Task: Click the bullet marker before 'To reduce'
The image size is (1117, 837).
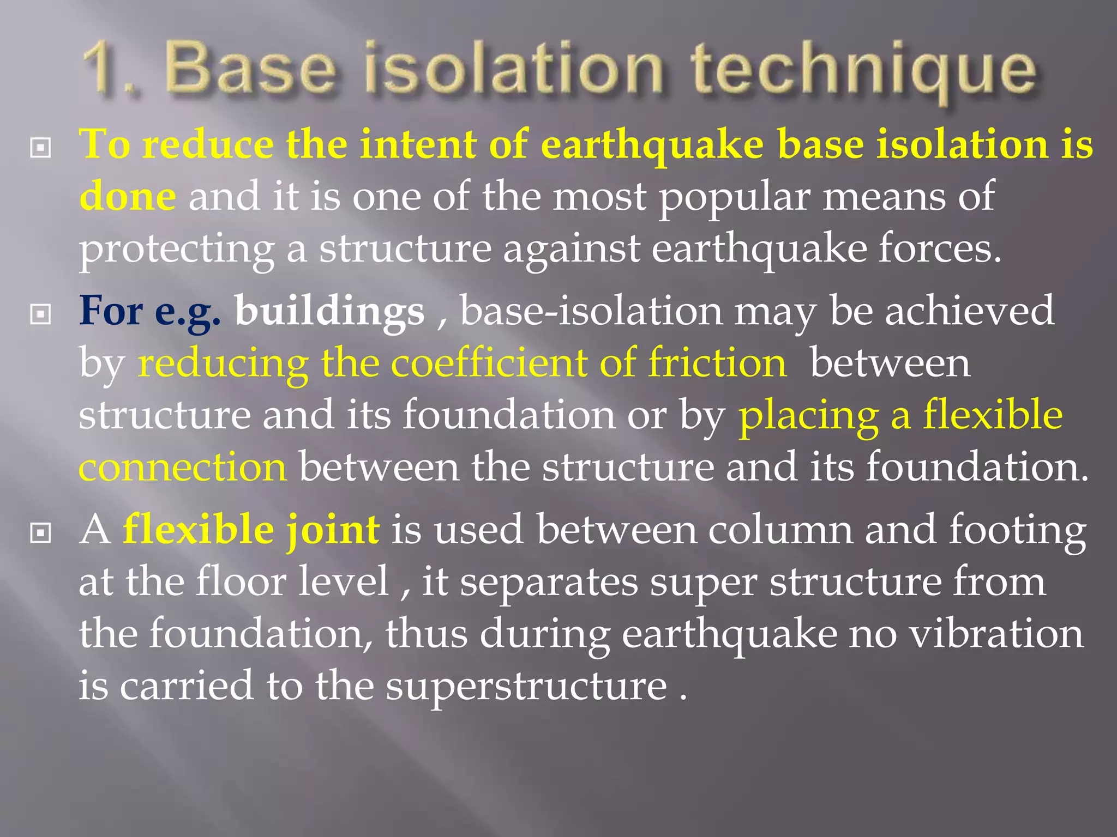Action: [x=40, y=148]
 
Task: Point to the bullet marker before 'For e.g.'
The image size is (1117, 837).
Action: [x=40, y=314]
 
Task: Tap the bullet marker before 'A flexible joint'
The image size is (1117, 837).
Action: [x=40, y=533]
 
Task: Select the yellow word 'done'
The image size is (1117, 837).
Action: [x=127, y=197]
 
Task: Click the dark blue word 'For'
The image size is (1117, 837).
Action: [x=111, y=311]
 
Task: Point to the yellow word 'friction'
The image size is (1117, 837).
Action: [x=717, y=363]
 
